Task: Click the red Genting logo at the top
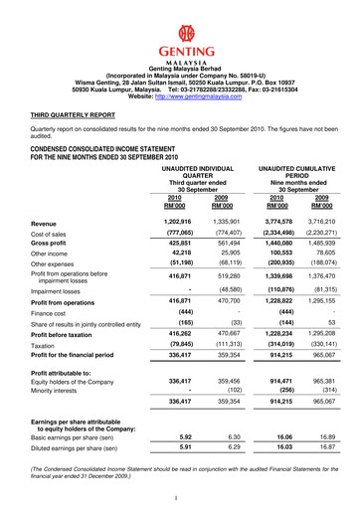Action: pyautogui.click(x=180, y=32)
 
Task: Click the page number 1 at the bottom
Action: pyautogui.click(x=175, y=497)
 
